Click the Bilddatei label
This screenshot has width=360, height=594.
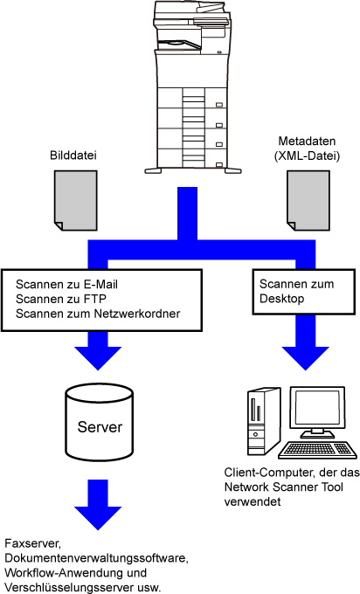coord(73,155)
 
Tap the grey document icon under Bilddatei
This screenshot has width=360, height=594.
coord(76,200)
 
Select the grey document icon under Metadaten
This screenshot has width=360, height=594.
coord(308,200)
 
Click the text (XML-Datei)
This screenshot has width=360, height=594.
coord(307,155)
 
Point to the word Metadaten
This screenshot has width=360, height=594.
coord(307,141)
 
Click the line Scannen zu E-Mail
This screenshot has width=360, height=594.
coord(66,285)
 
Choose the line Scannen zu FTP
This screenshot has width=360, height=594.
coord(61,299)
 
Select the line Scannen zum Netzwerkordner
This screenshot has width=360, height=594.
coord(98,314)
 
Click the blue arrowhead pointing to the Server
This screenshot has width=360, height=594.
coord(98,358)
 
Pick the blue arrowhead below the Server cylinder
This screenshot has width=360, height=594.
coord(98,518)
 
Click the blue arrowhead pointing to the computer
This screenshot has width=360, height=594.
coord(306,358)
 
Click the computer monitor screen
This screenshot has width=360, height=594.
coord(318,408)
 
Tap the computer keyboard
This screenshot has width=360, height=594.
coord(317,451)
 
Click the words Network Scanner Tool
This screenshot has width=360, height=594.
coord(283,487)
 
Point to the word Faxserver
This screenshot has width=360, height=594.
coord(32,543)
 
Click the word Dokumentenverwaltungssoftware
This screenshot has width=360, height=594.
coord(96,558)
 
